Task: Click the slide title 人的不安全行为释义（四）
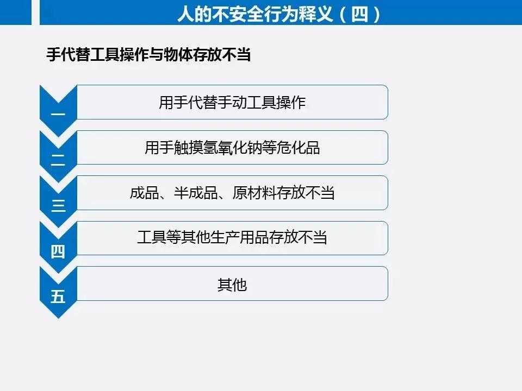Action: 278,14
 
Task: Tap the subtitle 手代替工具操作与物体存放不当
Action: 148,54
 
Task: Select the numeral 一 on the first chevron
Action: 58,115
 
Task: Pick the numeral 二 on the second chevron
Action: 58,160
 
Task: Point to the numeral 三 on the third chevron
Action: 58,206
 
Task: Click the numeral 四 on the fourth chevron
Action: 58,251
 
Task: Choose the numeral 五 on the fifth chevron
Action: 58,296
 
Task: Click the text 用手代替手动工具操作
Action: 232,103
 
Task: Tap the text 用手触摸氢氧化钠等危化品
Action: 232,148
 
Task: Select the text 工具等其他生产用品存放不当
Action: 232,237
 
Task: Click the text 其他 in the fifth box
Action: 232,285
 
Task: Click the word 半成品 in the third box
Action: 196,193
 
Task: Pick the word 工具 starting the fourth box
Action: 152,237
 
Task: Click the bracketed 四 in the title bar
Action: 359,14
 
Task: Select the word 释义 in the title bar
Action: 316,14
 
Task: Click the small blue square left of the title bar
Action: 16,12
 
